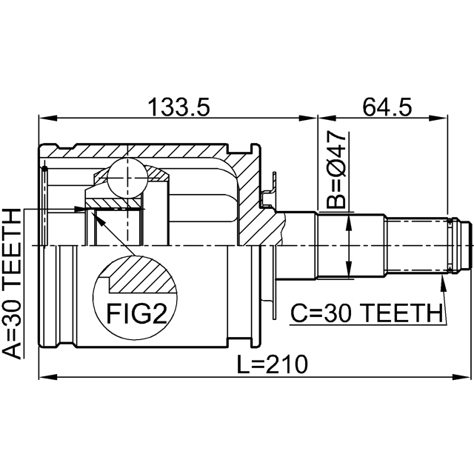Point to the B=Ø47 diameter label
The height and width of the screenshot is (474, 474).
tap(336, 170)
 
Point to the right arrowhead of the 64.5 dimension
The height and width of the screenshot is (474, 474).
tap(444, 117)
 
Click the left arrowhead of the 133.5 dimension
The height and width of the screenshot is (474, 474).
tap(44, 117)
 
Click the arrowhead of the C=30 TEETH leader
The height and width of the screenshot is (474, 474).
tap(442, 282)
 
